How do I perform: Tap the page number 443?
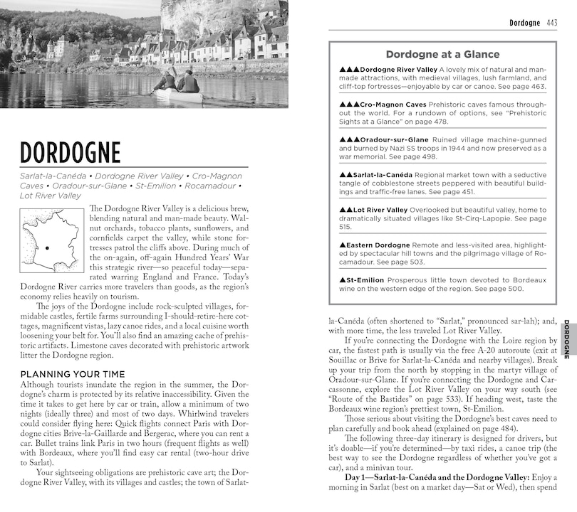click(x=551, y=23)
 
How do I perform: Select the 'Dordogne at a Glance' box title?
click(x=442, y=54)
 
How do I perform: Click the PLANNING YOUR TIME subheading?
click(x=73, y=374)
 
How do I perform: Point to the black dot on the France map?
click(x=46, y=248)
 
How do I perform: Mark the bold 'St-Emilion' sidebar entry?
click(x=367, y=279)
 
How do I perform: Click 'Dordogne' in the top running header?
click(x=525, y=23)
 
